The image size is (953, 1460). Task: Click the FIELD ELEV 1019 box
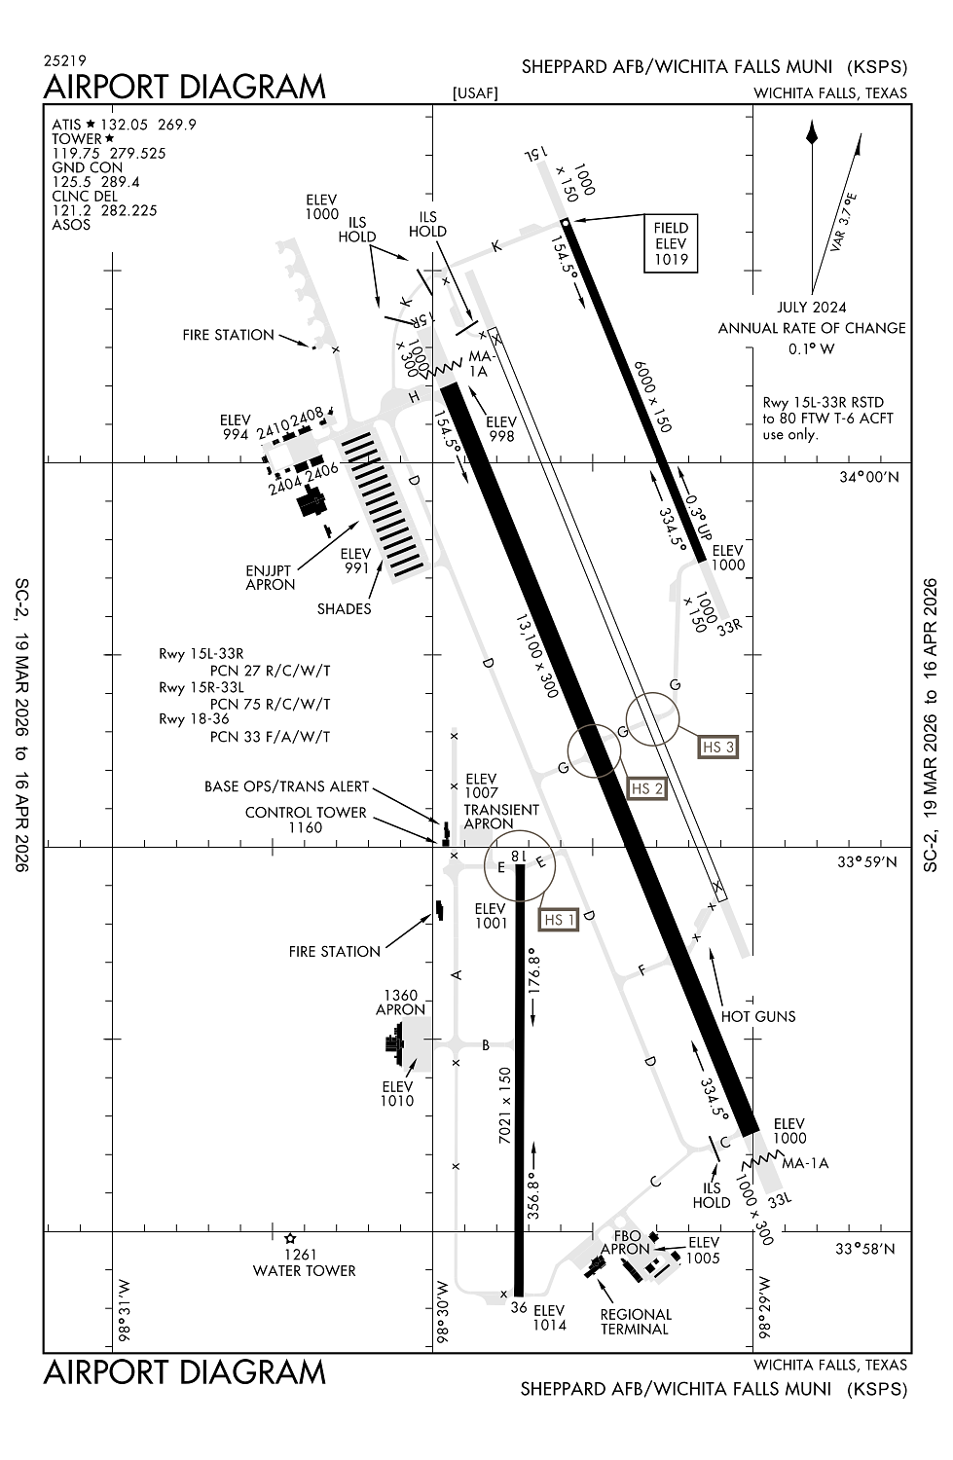click(671, 243)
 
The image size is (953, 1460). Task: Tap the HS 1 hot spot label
click(559, 920)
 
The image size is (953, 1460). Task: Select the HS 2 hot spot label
click(646, 788)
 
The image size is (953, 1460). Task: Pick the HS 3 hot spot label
click(717, 747)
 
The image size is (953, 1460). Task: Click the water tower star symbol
click(290, 1239)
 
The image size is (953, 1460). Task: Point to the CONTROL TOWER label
click(306, 812)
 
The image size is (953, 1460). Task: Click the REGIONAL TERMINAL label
click(636, 1321)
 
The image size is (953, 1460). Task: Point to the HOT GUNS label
click(758, 1016)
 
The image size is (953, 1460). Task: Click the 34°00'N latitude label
click(869, 477)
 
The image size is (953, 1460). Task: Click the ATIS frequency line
click(125, 125)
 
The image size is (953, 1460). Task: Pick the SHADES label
click(344, 609)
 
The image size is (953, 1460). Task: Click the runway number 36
click(519, 1308)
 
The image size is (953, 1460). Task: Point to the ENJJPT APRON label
click(271, 577)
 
